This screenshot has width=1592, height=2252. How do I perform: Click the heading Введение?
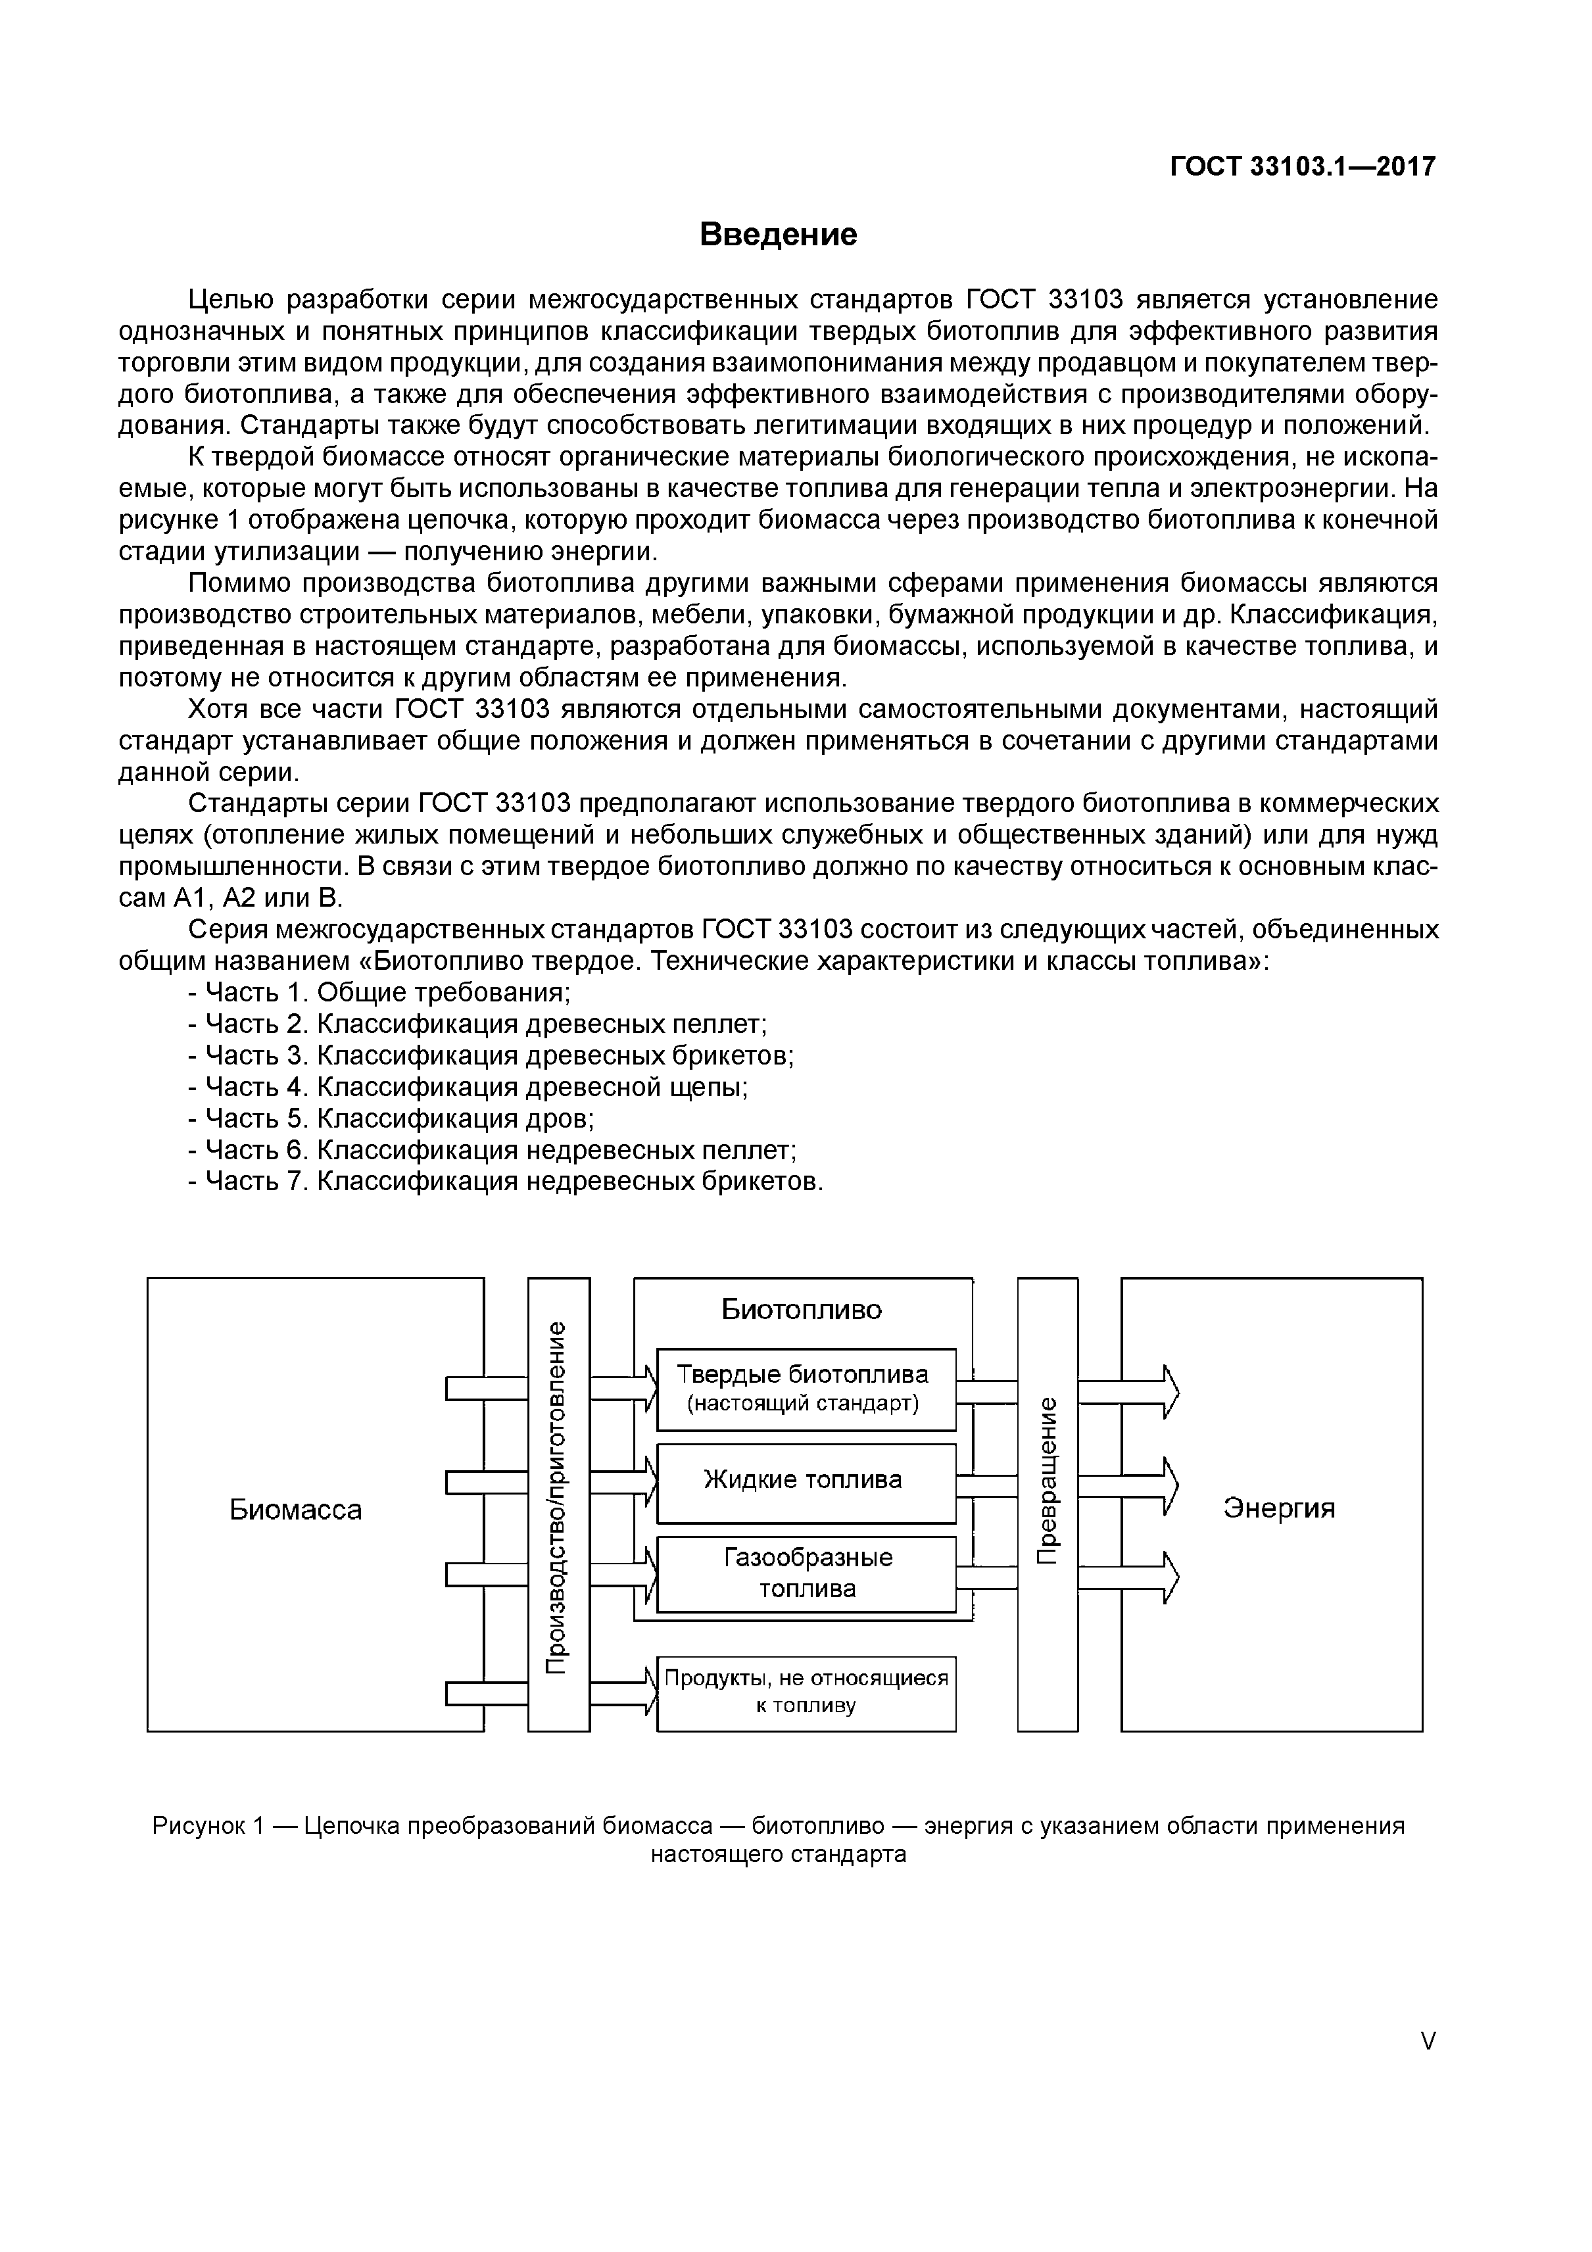778,235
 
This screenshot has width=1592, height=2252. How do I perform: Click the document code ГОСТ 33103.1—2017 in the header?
1301,167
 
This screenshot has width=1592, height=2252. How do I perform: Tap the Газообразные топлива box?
806,1573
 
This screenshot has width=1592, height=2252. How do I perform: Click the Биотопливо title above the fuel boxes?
802,1309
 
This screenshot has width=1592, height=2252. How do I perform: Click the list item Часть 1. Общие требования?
379,993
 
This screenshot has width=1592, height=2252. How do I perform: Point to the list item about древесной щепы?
468,1087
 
